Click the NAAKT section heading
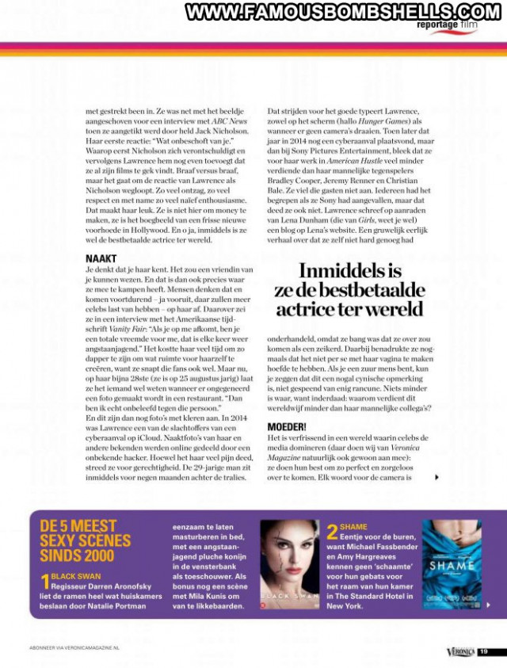click(x=101, y=258)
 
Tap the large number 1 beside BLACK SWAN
click(x=44, y=584)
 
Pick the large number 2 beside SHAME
click(x=333, y=530)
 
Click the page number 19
click(x=484, y=651)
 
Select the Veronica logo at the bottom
click(x=459, y=651)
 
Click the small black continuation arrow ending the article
click(x=436, y=477)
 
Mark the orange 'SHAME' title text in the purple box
click(x=353, y=526)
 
